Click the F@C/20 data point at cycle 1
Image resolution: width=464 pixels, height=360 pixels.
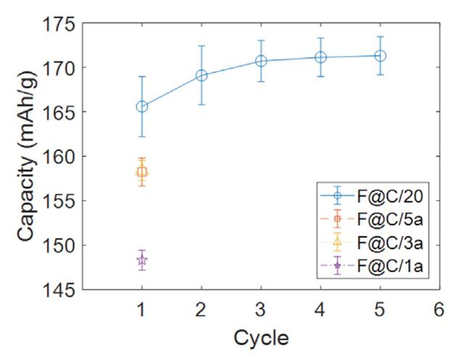coord(142,106)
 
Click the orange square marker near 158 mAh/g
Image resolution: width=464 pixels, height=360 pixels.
coord(142,172)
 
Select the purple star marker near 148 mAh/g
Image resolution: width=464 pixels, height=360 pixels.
coord(142,260)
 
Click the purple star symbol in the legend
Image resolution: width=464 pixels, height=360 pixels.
coord(336,268)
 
